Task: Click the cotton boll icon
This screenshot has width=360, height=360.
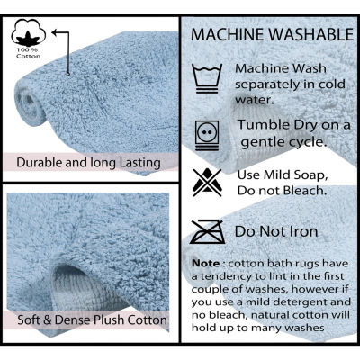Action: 29,32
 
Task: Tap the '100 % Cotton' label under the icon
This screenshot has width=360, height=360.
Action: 29,53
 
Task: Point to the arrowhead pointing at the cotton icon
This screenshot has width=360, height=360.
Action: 55,32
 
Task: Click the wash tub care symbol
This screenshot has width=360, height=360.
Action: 207,78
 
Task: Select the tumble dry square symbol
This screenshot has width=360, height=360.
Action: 207,135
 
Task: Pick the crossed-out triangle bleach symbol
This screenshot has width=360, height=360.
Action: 207,183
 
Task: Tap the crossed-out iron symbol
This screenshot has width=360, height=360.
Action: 207,232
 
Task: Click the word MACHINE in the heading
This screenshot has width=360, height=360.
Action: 228,34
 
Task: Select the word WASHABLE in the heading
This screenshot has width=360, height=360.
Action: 311,34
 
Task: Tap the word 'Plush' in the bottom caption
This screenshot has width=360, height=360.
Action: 110,319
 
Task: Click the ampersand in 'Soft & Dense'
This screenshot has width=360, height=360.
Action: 48,319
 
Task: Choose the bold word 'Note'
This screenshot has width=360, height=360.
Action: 206,264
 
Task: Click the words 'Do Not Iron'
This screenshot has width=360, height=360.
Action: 276,231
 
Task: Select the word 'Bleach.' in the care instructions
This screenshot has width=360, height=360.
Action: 305,191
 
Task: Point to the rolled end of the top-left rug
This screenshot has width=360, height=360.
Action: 30,103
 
